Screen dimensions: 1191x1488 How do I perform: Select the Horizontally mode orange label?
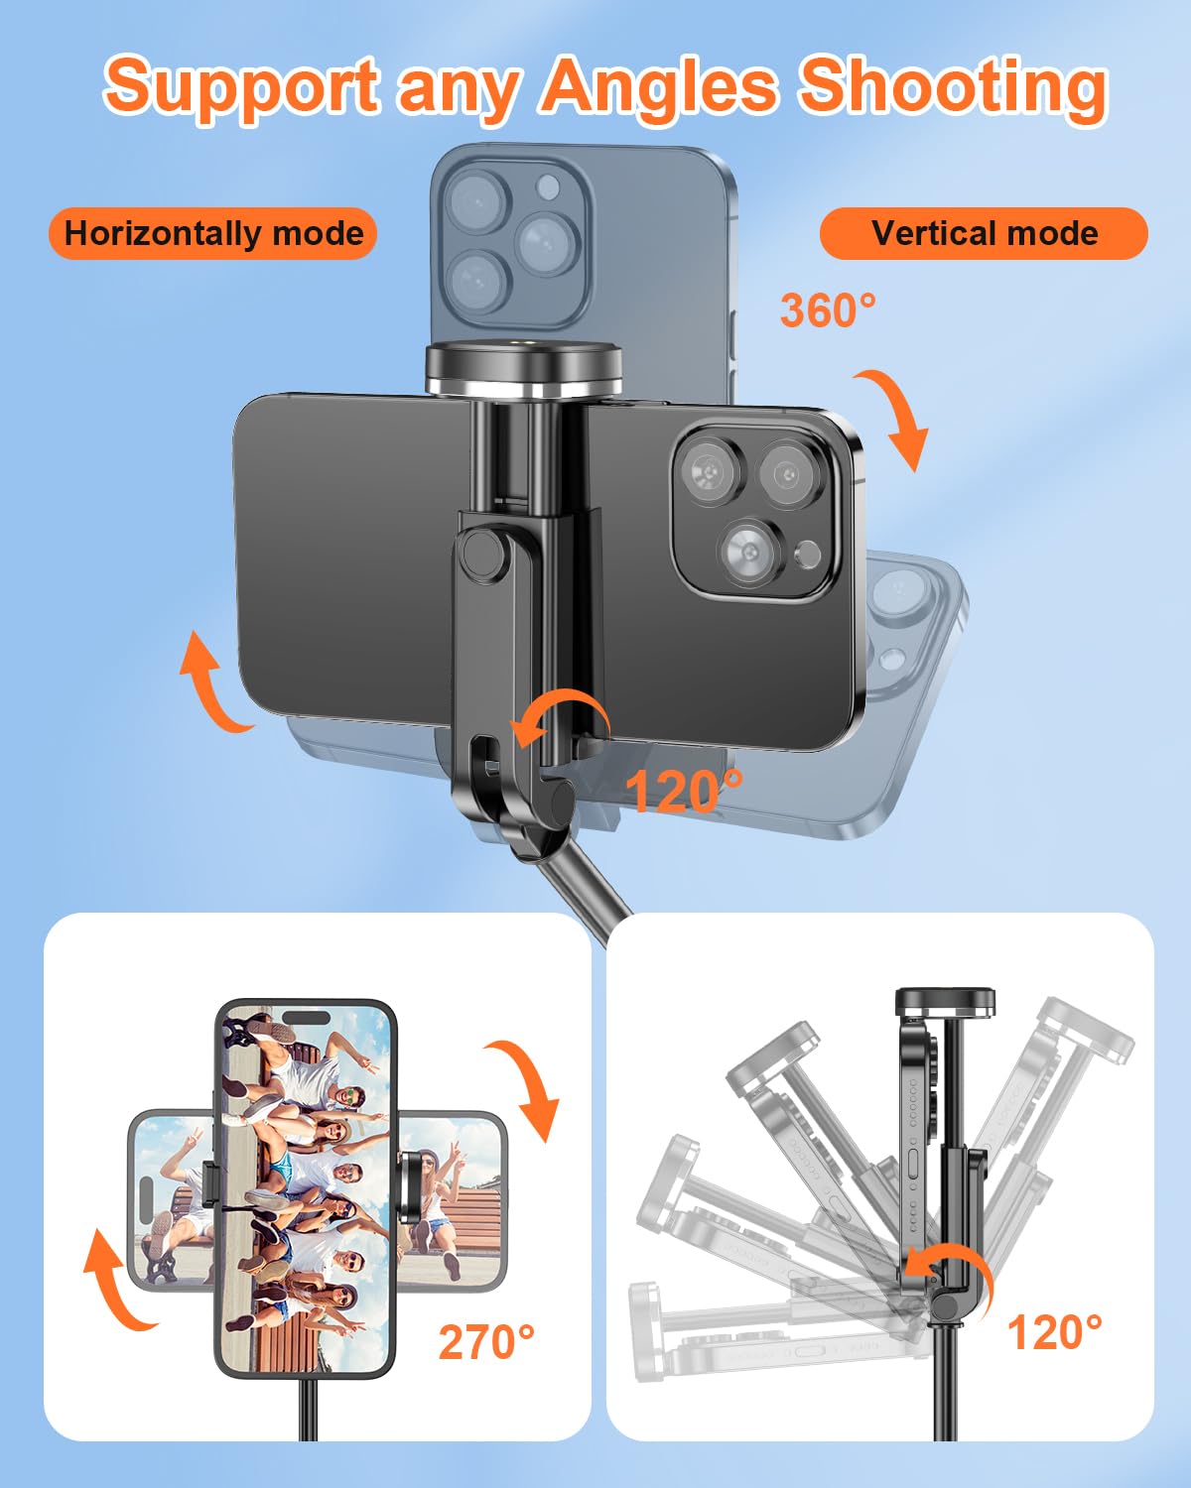pos(213,234)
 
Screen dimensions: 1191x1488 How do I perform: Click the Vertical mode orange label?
pos(984,234)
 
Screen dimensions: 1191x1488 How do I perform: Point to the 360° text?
pos(829,310)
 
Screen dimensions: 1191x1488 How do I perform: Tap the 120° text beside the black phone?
pos(683,791)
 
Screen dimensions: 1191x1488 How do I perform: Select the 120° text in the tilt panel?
pos(1055,1332)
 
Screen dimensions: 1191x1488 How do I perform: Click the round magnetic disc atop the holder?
pos(523,370)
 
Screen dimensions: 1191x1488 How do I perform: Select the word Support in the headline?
pos(242,90)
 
